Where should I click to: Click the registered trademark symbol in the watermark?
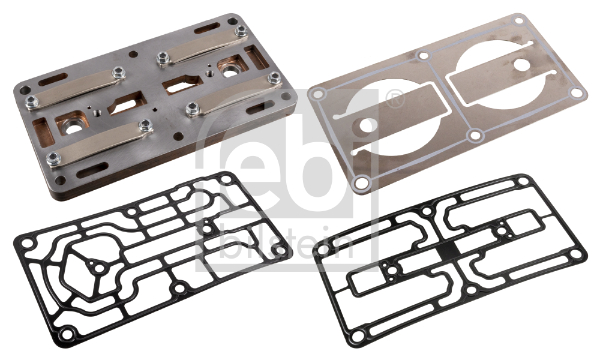(395, 99)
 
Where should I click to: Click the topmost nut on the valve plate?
(241, 31)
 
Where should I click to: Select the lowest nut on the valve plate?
(53, 158)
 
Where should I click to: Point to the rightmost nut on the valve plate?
(274, 78)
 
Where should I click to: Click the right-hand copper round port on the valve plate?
(232, 70)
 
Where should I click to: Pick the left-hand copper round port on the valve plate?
(72, 126)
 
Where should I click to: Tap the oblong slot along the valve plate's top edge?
(207, 28)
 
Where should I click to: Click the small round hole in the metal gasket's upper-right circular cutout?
(522, 65)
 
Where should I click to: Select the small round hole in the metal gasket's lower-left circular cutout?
(367, 125)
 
